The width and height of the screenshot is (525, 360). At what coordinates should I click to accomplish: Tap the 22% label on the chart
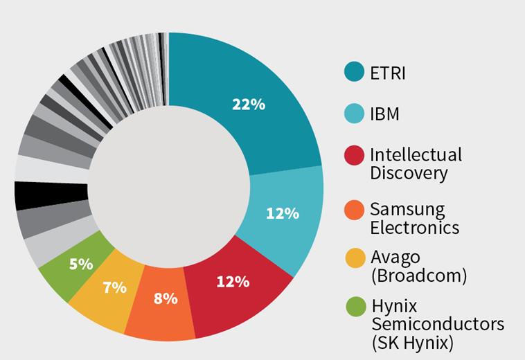coord(248,105)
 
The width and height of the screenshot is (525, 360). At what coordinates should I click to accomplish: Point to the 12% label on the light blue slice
coord(282,213)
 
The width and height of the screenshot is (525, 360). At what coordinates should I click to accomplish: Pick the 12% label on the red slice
coord(233,281)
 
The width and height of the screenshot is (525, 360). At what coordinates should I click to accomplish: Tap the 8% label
coord(165,298)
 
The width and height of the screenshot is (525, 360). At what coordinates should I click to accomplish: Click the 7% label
coord(115,287)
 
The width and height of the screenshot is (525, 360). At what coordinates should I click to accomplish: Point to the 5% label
coord(82,263)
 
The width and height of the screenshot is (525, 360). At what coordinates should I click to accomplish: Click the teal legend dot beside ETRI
coord(355,71)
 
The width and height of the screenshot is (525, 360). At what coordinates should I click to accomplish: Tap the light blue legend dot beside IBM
coord(355,114)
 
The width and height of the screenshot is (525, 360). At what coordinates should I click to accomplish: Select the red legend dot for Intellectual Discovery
coord(355,156)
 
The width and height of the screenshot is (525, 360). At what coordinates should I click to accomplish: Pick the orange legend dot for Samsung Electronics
coord(355,209)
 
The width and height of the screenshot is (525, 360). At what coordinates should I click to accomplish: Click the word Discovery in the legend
coord(409,173)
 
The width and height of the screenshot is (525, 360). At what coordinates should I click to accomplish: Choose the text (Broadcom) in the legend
coord(418,276)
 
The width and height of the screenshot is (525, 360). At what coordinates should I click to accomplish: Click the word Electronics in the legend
coord(414,226)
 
